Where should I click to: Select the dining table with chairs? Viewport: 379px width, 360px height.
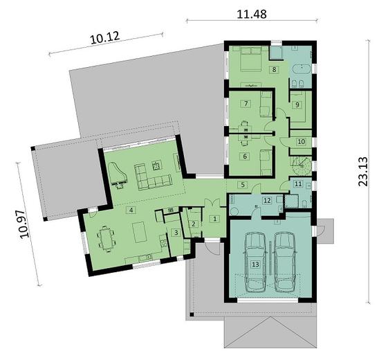coord(107,240)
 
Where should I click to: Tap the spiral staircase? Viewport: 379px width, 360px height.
coord(300,165)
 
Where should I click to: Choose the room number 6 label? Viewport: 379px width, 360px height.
coord(245,156)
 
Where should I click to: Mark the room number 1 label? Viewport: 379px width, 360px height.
coord(215,219)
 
